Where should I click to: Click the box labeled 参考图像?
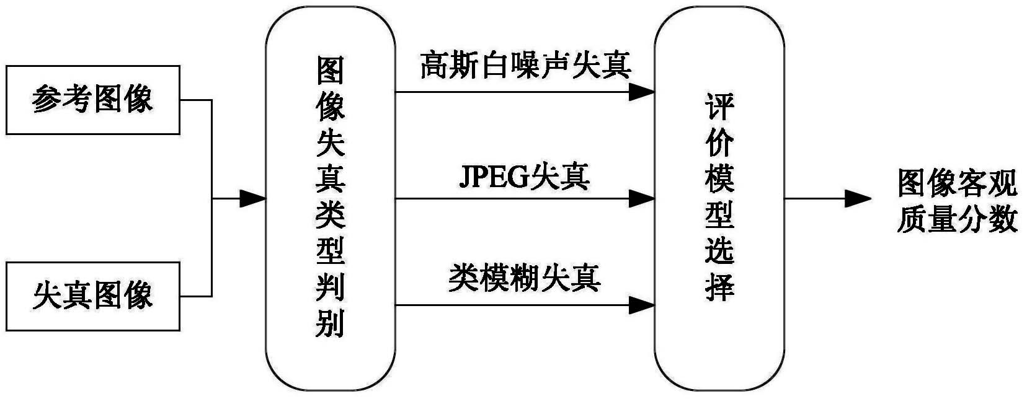[92, 100]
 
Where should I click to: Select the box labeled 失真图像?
[92, 296]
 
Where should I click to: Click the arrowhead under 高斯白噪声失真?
[641, 92]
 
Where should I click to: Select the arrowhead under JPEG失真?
[641, 199]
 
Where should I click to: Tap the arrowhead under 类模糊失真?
[641, 305]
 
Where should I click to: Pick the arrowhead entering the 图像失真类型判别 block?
[252, 199]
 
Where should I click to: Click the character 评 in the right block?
[719, 107]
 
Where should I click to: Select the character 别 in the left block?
[330, 323]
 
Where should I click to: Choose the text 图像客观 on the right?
[958, 184]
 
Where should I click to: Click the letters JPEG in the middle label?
[493, 177]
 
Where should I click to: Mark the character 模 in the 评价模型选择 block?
[719, 178]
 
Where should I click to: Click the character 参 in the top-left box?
[47, 99]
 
